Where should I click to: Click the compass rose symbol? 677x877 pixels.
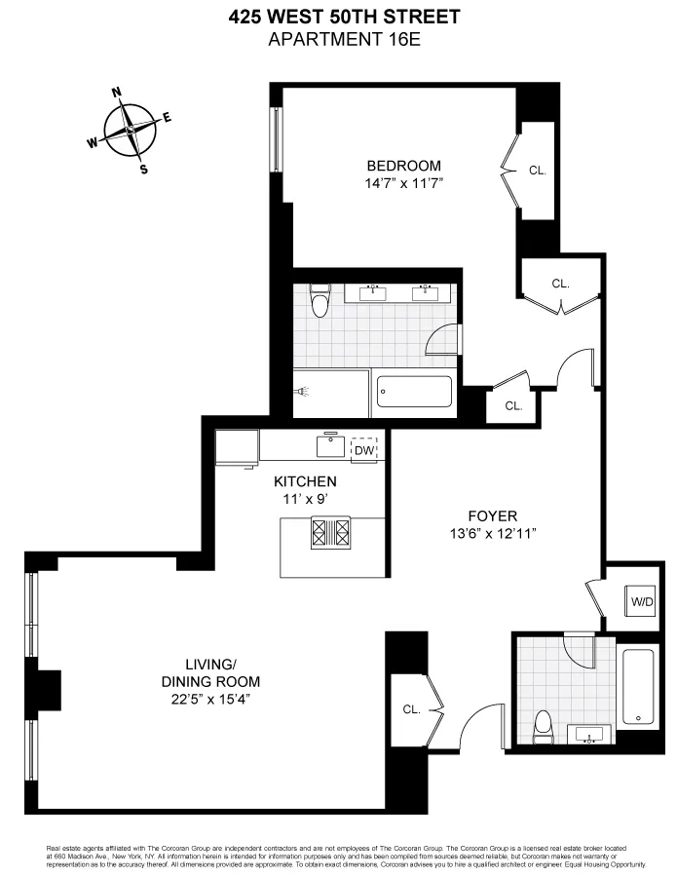[x=130, y=130]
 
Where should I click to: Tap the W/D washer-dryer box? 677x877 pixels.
[x=641, y=601]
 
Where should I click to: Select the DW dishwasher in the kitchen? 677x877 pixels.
[x=363, y=450]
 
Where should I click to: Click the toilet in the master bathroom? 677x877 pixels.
[x=320, y=301]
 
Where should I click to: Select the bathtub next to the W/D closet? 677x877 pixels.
[x=639, y=686]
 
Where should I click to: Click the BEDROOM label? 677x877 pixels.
[x=403, y=166]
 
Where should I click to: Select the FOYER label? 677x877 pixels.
[x=492, y=516]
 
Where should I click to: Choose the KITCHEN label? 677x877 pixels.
[x=305, y=481]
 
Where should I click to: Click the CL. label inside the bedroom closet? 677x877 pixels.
[x=538, y=171]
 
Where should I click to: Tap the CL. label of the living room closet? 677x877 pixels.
[x=410, y=709]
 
